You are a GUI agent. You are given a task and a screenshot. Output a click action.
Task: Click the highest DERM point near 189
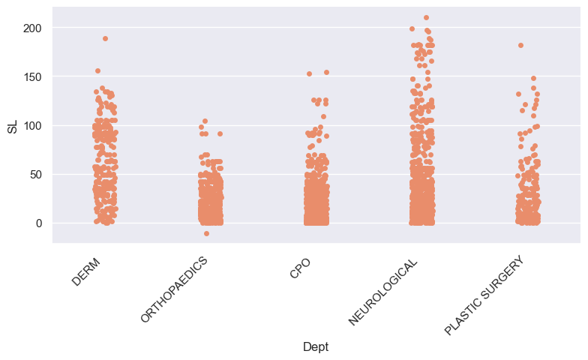coord(105,38)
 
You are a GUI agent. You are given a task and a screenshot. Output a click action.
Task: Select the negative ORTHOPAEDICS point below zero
coord(206,233)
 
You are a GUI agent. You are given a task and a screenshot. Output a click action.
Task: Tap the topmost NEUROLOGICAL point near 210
coord(426,17)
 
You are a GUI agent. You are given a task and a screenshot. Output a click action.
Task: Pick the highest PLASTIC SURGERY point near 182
coord(520,45)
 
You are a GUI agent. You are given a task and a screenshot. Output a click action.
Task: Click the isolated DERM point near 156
coord(97,70)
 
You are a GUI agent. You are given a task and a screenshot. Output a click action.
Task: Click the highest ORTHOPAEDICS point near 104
coord(205,121)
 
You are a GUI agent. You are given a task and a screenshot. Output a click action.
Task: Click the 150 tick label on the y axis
coord(35,76)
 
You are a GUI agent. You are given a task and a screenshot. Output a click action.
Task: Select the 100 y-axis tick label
coord(35,125)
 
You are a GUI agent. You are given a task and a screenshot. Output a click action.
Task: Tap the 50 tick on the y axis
coord(38,174)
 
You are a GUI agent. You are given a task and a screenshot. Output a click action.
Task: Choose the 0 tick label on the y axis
coord(41,223)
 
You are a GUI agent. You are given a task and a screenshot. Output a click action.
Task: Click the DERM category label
coord(87,270)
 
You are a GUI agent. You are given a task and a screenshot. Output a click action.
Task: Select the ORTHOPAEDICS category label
coord(175,289)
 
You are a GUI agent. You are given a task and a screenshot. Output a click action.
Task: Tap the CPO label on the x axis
coord(300,267)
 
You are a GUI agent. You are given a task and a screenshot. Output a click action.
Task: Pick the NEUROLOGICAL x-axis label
coord(383,290)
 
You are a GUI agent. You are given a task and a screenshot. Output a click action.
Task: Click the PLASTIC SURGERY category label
coord(483,295)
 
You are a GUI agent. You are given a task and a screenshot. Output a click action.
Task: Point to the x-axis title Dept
coord(316,346)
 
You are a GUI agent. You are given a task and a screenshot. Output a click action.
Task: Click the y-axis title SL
coord(12,125)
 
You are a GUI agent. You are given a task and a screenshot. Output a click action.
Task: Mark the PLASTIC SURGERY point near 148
coord(533,78)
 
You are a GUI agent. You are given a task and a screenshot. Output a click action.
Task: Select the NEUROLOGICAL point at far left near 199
coord(412,28)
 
